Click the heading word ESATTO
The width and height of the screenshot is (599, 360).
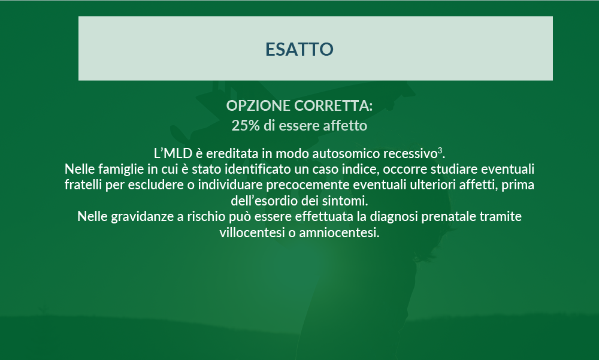pyautogui.click(x=299, y=49)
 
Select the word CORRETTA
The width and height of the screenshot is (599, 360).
pyautogui.click(x=333, y=106)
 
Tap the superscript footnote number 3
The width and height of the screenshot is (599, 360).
pyautogui.click(x=440, y=150)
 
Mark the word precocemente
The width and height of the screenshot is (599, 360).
pyautogui.click(x=307, y=185)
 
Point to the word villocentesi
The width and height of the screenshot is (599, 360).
pyautogui.click(x=252, y=233)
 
